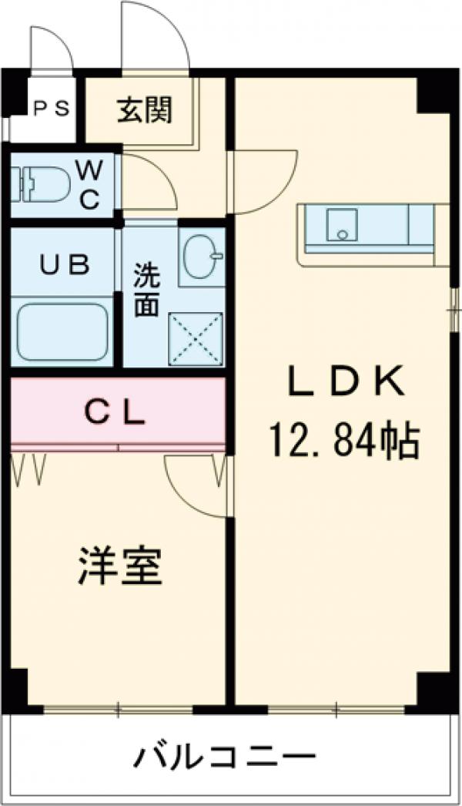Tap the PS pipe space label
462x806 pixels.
[52, 109]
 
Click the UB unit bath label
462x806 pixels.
[65, 264]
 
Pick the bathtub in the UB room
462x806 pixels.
[62, 331]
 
